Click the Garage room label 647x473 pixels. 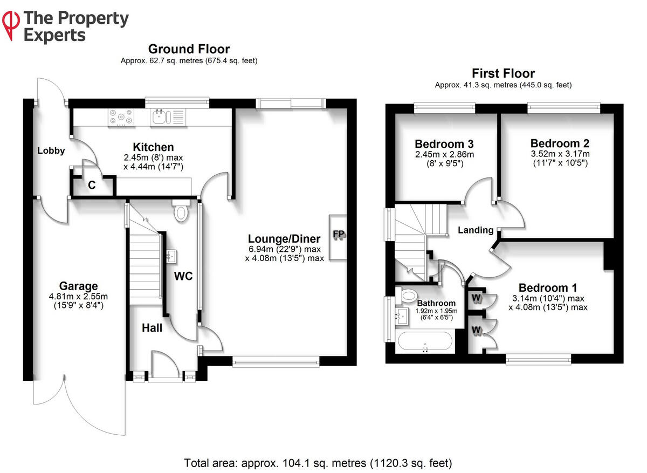79,286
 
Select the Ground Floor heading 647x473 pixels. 189,50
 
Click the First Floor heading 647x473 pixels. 503,73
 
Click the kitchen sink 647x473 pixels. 160,115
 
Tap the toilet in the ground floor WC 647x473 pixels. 181,211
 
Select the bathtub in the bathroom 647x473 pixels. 425,341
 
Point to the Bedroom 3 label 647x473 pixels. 444,144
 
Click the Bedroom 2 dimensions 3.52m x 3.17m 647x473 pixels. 560,154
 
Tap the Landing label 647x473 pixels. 475,230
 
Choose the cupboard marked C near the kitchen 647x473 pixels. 92,186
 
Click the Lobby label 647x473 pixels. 51,151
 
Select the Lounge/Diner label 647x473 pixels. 284,238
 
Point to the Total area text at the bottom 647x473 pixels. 318,462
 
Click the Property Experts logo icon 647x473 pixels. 10,24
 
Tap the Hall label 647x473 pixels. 152,327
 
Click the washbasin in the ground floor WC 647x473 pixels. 171,255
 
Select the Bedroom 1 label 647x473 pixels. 543,287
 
